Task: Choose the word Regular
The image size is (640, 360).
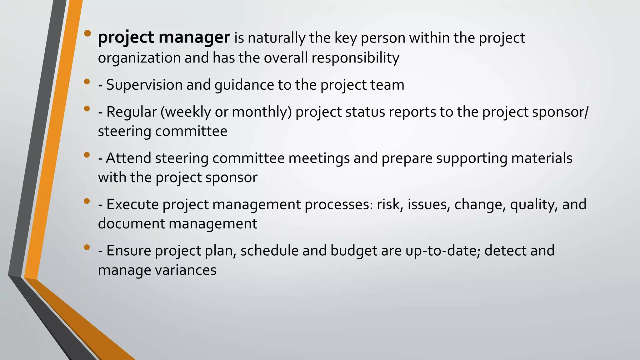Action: [131, 112]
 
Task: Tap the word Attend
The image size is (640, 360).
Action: [128, 158]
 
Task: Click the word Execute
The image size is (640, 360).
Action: [132, 204]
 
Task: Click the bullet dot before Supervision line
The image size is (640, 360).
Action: [87, 82]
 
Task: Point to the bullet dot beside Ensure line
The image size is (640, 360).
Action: [87, 248]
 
